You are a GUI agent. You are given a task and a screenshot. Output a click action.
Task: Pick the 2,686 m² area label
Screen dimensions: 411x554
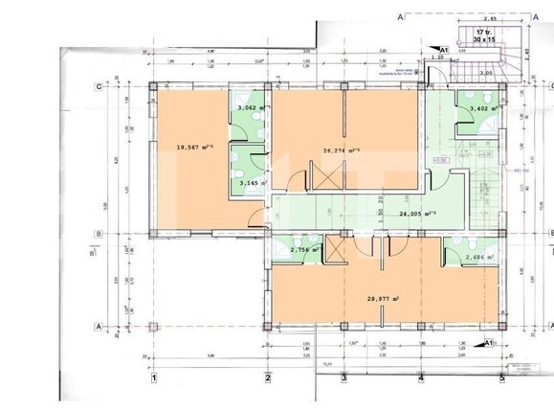click(478, 257)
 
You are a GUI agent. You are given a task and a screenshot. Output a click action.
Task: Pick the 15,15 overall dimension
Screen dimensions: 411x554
click(326, 363)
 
